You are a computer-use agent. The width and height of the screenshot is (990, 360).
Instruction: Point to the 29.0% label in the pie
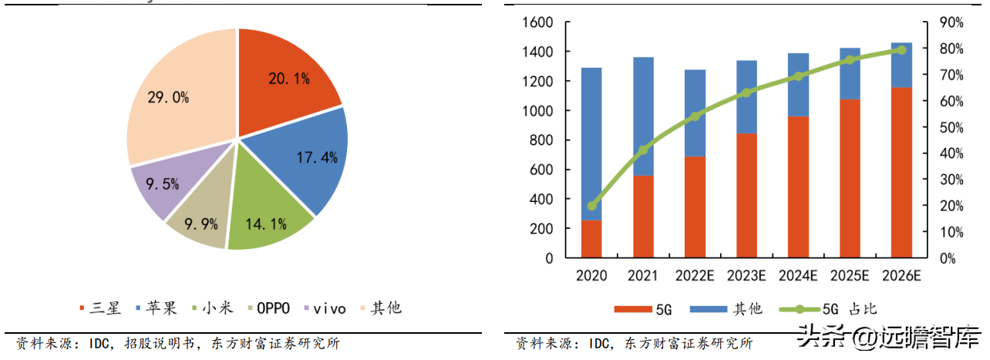(168, 98)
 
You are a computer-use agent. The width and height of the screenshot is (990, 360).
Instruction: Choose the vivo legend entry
(326, 308)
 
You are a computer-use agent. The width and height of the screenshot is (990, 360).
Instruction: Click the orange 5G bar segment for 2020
(591, 238)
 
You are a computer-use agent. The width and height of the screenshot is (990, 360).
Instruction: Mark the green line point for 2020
(591, 206)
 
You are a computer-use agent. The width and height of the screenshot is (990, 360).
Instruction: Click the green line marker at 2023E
(746, 93)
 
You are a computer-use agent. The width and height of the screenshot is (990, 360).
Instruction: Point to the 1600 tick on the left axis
(537, 22)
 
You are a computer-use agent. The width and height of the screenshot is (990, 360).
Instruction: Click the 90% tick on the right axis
(951, 22)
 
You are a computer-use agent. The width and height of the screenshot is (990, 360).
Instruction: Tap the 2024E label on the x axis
(797, 276)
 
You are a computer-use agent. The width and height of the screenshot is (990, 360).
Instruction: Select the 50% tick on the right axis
(951, 127)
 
